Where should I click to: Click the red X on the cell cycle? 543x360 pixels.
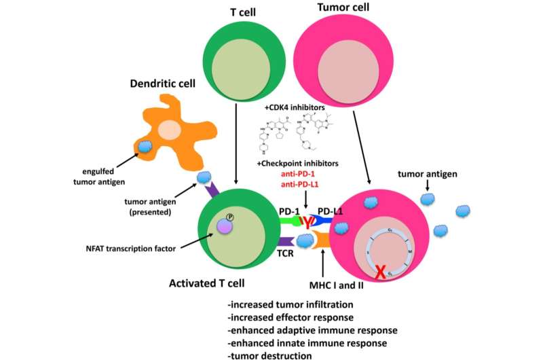click(x=381, y=273)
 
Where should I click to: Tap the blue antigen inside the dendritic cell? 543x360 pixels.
click(x=146, y=147)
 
